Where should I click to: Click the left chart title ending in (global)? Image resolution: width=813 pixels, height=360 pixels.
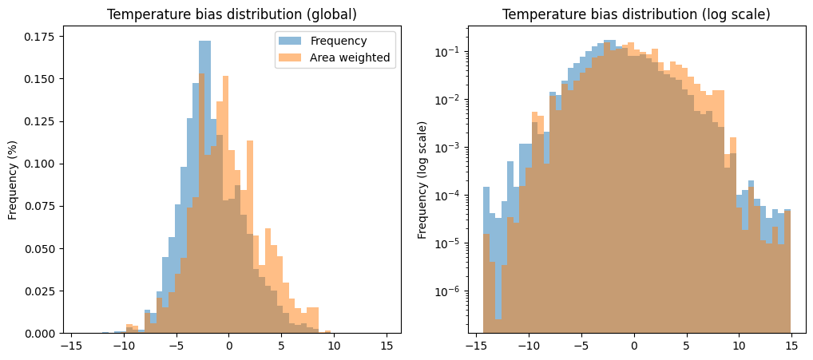pos(232,15)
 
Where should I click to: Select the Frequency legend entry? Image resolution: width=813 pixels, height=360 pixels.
pos(338,41)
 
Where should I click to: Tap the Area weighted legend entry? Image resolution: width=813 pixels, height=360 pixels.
pos(351,57)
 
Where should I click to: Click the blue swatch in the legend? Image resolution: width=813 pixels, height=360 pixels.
pos(290,41)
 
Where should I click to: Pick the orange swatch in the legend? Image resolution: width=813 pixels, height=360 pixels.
pos(290,57)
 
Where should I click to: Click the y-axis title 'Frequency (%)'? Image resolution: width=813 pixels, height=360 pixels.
pos(13,180)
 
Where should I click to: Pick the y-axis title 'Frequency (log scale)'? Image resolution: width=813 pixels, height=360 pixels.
pos(422,180)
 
